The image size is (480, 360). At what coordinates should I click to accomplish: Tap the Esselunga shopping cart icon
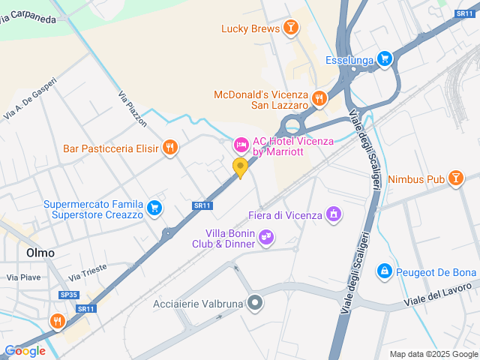385,58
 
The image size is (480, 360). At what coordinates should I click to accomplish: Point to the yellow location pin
241,167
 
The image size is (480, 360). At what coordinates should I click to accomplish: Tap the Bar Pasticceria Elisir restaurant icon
171,148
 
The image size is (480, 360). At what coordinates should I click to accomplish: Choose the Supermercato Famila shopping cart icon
154,208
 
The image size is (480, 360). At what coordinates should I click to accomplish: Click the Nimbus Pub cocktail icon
454,178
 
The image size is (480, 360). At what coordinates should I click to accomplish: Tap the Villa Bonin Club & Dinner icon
265,238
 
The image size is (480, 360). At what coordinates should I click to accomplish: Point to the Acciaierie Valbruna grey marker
256,303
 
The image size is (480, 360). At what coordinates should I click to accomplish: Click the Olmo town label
40,253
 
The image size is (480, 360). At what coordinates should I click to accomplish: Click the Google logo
25,350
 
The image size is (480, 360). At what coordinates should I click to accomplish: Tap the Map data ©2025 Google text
433,354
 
